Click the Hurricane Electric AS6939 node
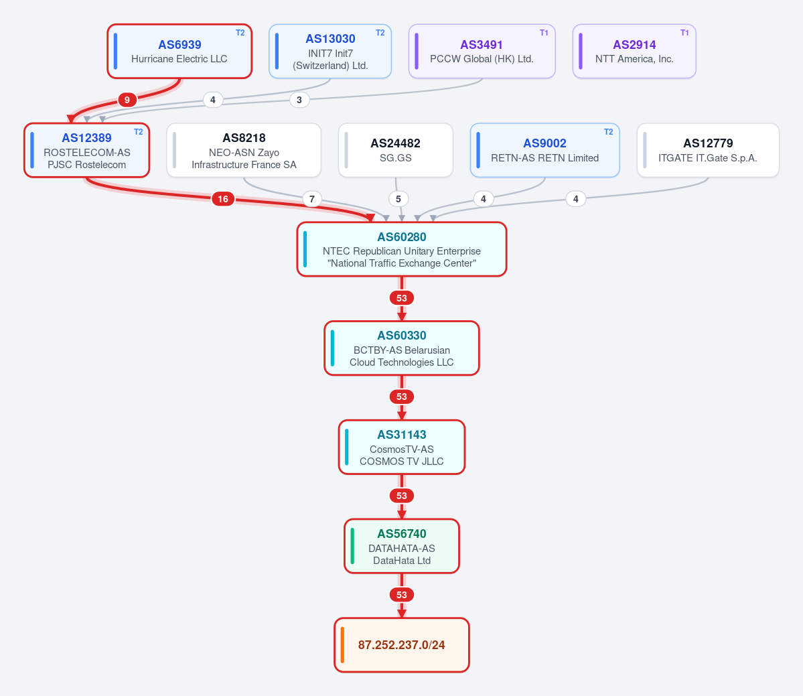(x=179, y=51)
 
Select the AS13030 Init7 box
(x=330, y=51)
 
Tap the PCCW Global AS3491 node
(x=482, y=51)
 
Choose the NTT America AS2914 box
(x=634, y=51)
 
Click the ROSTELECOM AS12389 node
(x=86, y=151)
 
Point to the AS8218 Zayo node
(x=244, y=151)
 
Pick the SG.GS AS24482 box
(x=395, y=151)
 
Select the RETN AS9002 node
(x=545, y=151)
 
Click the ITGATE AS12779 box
(x=708, y=151)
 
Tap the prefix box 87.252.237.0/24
(x=402, y=645)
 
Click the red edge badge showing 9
(x=127, y=100)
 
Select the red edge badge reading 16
(x=223, y=199)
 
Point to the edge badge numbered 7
(x=312, y=199)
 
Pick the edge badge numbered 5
(x=398, y=199)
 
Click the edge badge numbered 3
(x=299, y=100)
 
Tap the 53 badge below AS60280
(x=402, y=298)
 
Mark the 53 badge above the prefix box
(x=402, y=595)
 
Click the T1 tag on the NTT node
(x=684, y=33)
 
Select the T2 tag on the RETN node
(x=608, y=131)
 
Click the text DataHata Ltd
(x=402, y=561)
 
